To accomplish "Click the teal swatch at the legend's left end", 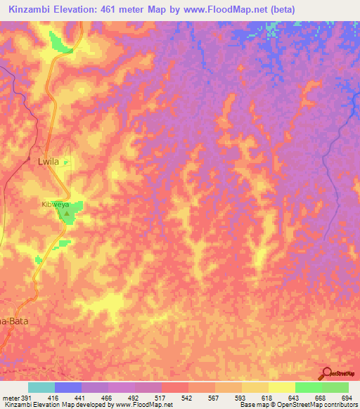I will (x=41, y=387).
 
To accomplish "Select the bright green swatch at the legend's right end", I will (x=335, y=387).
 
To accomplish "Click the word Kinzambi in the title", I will (x=26, y=9).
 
